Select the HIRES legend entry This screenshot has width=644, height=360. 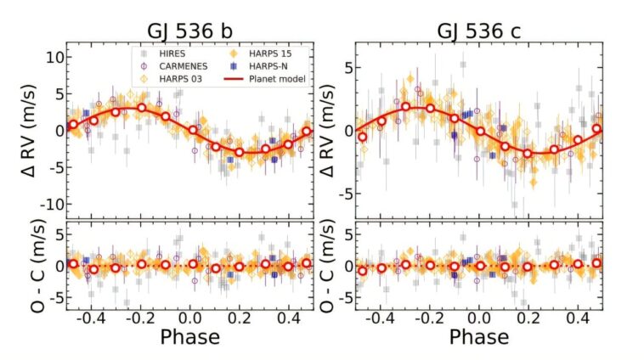coord(172,53)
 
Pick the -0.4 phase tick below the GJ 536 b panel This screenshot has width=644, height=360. coord(91,316)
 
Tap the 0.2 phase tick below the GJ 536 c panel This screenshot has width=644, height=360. coord(530,316)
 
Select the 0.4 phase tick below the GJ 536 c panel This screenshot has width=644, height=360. coord(579,316)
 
